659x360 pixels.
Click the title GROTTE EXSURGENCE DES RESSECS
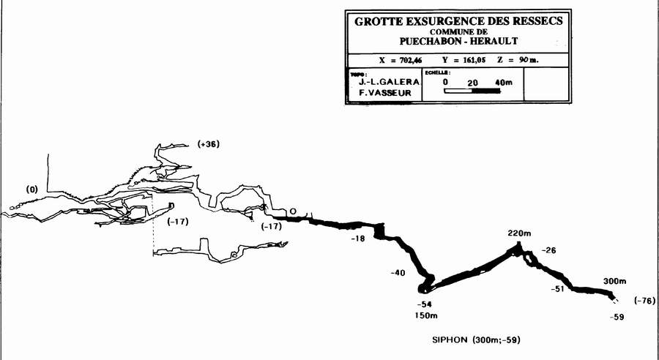[x=458, y=21]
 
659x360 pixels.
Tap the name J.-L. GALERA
[x=382, y=83]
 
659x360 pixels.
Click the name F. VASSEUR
[x=382, y=94]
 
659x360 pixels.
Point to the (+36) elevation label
[x=209, y=144]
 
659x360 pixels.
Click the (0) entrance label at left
[x=31, y=190]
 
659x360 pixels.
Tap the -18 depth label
[x=357, y=239]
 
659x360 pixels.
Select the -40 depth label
[x=398, y=273]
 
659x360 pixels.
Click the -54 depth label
[x=424, y=304]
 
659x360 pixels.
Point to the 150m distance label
[x=425, y=316]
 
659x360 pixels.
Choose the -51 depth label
[x=559, y=290]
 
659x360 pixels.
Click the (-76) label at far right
[x=644, y=301]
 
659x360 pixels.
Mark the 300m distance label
[x=615, y=281]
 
